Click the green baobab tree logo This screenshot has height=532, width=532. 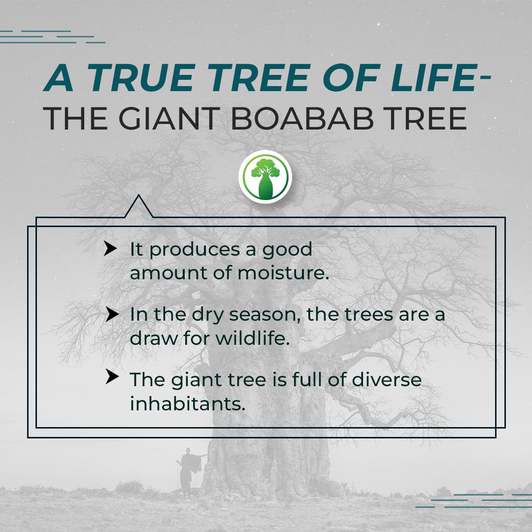tap(266, 177)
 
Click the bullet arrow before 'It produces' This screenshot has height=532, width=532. tap(110, 248)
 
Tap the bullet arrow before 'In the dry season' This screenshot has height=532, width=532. tap(112, 314)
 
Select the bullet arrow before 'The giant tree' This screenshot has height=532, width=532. tap(112, 377)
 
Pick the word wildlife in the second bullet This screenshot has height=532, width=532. tap(253, 338)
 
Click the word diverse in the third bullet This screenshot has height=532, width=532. tap(387, 379)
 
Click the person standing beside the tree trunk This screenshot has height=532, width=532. tap(189, 471)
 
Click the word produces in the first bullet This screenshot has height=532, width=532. tap(195, 250)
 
